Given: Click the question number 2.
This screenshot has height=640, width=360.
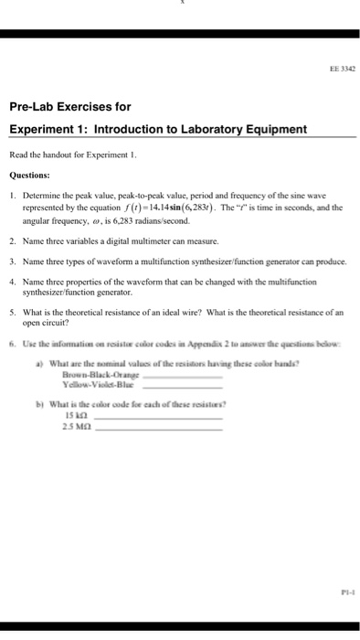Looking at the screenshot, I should (12, 240).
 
